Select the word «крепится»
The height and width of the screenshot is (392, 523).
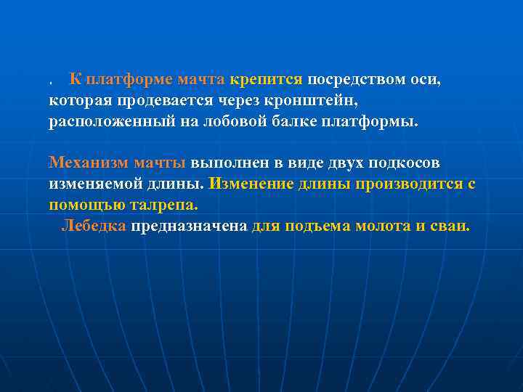point(268,79)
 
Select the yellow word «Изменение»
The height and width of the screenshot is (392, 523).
point(251,184)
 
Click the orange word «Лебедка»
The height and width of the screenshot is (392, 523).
point(94,226)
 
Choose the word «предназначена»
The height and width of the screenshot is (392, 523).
point(189,226)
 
